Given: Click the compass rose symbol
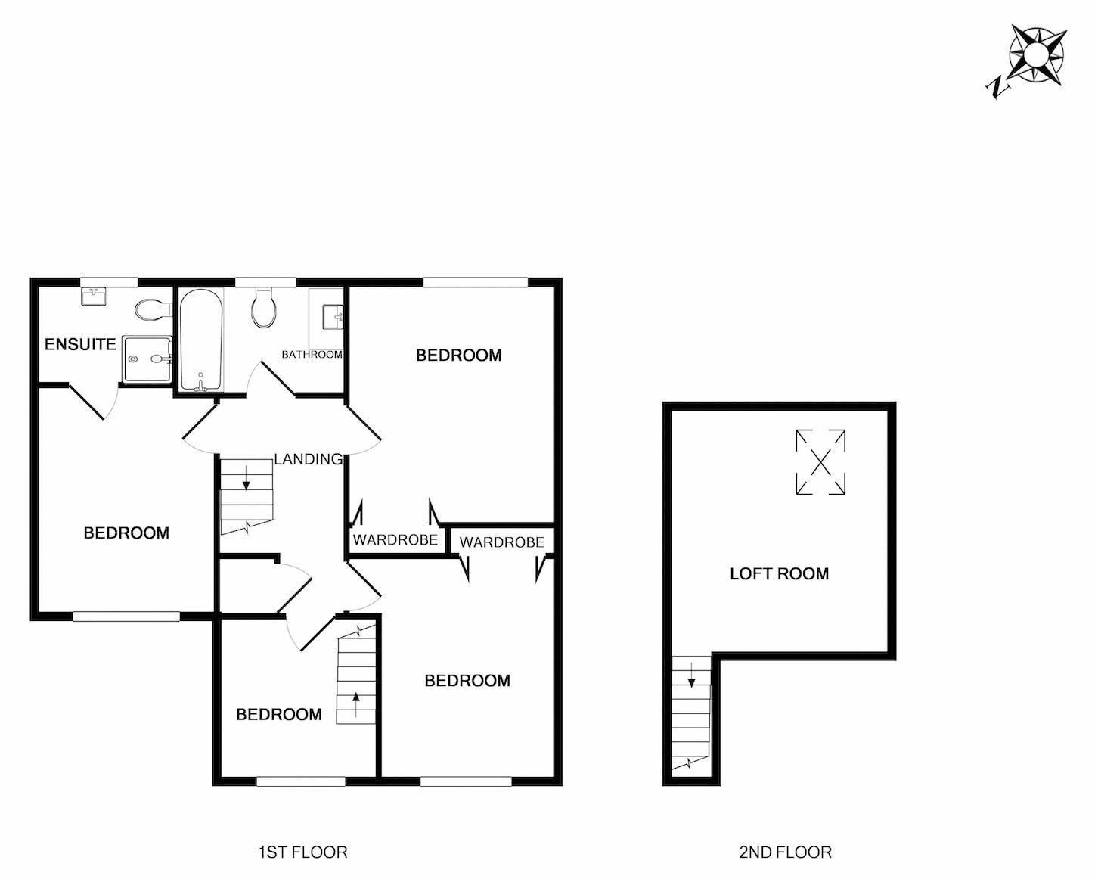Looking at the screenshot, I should tap(1037, 54).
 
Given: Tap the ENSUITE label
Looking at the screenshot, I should tap(80, 345).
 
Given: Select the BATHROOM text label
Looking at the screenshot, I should tap(312, 354).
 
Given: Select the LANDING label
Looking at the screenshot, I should tap(308, 459).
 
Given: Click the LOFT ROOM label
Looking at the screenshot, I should tap(779, 573).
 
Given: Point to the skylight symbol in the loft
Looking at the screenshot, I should tap(820, 462).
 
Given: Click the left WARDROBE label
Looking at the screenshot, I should tap(395, 540).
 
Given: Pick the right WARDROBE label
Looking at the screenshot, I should tap(501, 542).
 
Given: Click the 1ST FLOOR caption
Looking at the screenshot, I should tap(302, 852).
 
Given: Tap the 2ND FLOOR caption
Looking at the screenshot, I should tap(785, 852).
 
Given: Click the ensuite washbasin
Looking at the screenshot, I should tap(95, 296).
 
